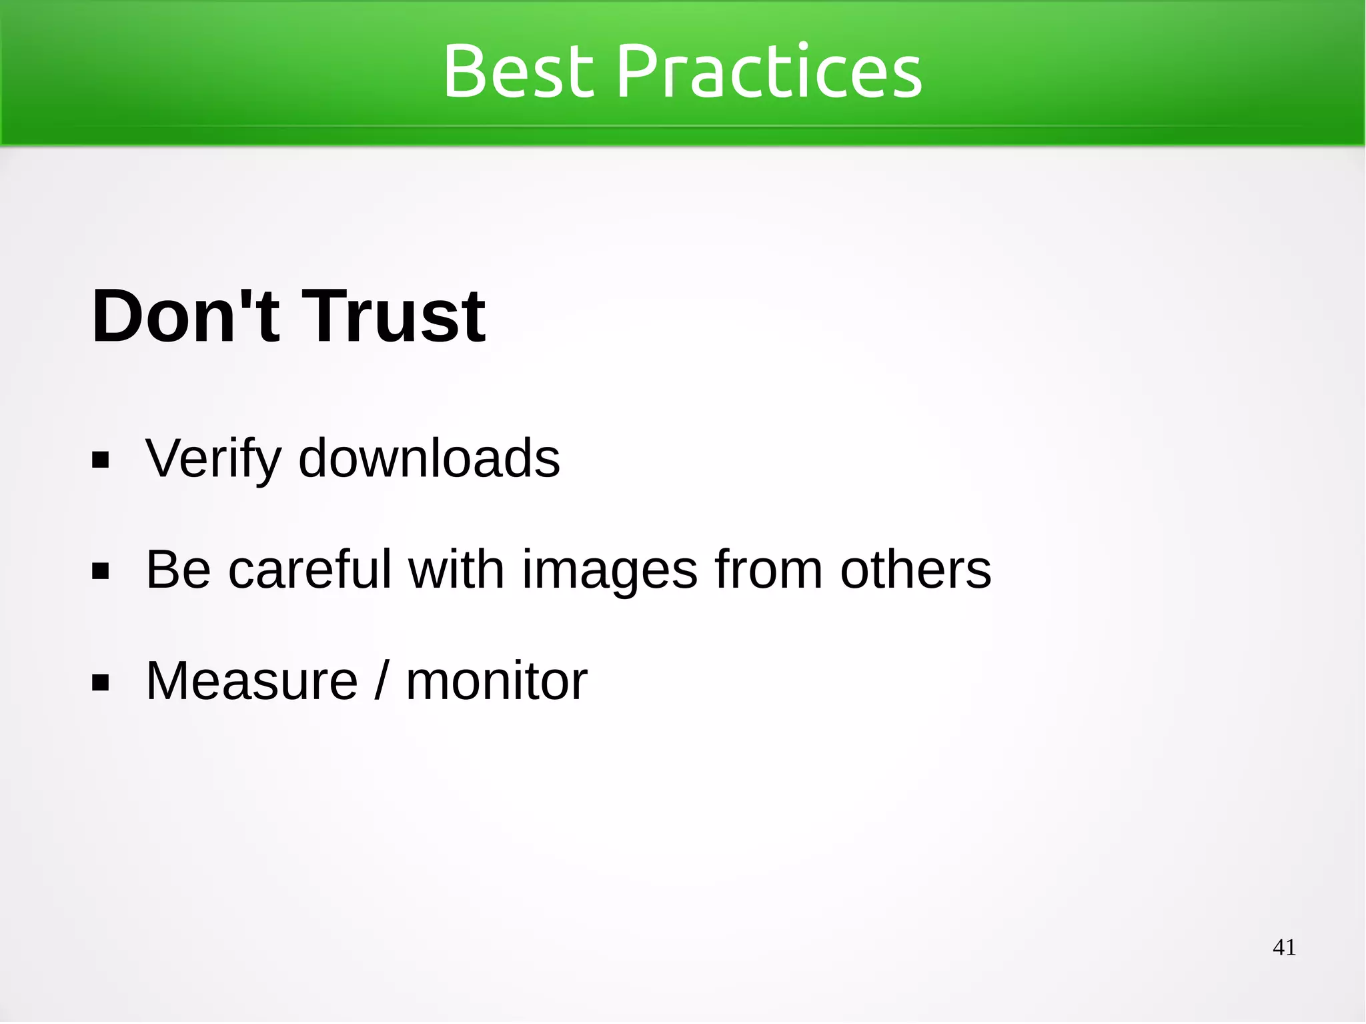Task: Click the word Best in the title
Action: coord(518,71)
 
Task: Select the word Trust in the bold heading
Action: coord(394,316)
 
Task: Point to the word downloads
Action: coord(429,458)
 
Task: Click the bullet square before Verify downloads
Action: coord(101,460)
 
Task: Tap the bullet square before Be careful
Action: coord(101,572)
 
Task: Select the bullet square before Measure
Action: coord(101,682)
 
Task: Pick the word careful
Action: coord(309,570)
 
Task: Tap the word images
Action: coord(609,571)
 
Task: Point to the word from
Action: coord(768,570)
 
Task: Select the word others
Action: coord(915,570)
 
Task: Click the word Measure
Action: coord(252,681)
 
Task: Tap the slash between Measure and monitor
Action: coord(381,681)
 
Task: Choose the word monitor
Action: coord(496,681)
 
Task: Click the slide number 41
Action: coord(1284,947)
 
